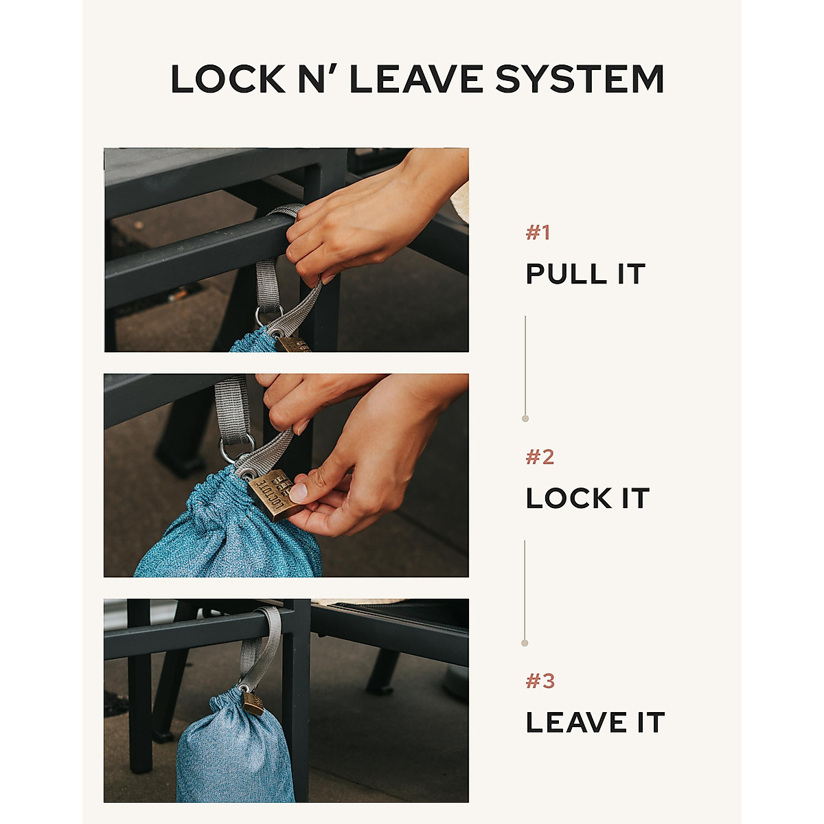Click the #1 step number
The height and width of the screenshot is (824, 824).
(538, 233)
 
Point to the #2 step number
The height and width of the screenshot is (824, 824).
(539, 457)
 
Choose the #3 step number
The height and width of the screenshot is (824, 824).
(540, 681)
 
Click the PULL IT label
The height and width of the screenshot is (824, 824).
(585, 274)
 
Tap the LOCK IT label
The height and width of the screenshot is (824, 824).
(587, 499)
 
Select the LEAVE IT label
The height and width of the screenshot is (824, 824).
(595, 722)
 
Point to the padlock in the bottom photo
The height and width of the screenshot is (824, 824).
(253, 702)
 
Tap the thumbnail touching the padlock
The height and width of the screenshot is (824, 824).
(298, 492)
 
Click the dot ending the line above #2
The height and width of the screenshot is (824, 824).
(525, 418)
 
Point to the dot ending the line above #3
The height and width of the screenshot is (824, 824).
(525, 643)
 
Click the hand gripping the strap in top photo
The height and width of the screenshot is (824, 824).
(357, 220)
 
